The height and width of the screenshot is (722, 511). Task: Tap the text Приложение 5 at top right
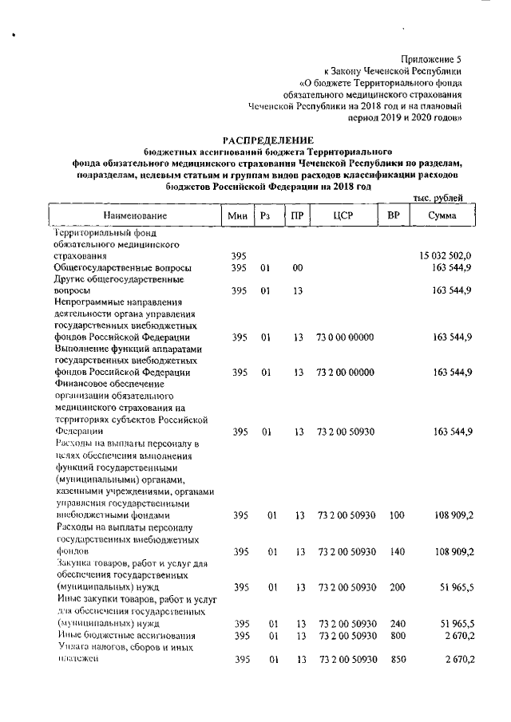click(430, 59)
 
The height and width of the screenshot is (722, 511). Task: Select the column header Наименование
click(134, 216)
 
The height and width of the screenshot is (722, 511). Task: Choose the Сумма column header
click(442, 216)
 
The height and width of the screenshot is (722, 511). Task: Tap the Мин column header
click(237, 216)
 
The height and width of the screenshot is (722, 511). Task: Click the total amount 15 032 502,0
click(445, 256)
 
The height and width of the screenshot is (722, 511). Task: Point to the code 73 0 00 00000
click(345, 337)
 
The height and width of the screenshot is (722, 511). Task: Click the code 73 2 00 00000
click(345, 373)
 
